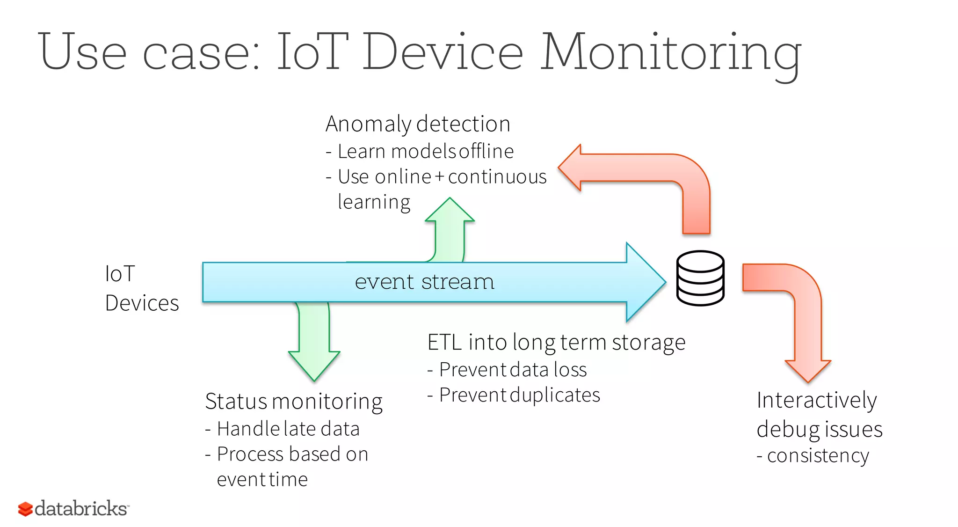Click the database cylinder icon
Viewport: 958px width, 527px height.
pyautogui.click(x=700, y=278)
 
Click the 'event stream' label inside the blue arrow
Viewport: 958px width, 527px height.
pyautogui.click(x=424, y=282)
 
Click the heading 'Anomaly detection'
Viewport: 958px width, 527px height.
pyautogui.click(x=418, y=124)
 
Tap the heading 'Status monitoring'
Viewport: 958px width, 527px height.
pyautogui.click(x=294, y=402)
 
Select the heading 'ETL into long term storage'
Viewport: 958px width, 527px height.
pyautogui.click(x=556, y=342)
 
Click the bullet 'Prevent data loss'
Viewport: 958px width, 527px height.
pyautogui.click(x=513, y=370)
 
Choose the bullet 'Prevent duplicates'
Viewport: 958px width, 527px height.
pyautogui.click(x=519, y=395)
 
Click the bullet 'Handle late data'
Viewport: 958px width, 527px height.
pyautogui.click(x=288, y=429)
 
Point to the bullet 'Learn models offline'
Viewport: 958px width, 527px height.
pyautogui.click(x=425, y=151)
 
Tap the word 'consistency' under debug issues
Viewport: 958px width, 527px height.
pyautogui.click(x=818, y=455)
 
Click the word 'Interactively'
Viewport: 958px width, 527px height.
pyautogui.click(x=816, y=400)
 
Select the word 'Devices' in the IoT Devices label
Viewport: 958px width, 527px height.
pyautogui.click(x=142, y=303)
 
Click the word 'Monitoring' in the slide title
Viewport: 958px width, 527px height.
pyautogui.click(x=671, y=52)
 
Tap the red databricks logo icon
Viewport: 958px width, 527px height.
pyautogui.click(x=25, y=509)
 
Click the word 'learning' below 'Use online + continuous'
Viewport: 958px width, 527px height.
pyautogui.click(x=374, y=202)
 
